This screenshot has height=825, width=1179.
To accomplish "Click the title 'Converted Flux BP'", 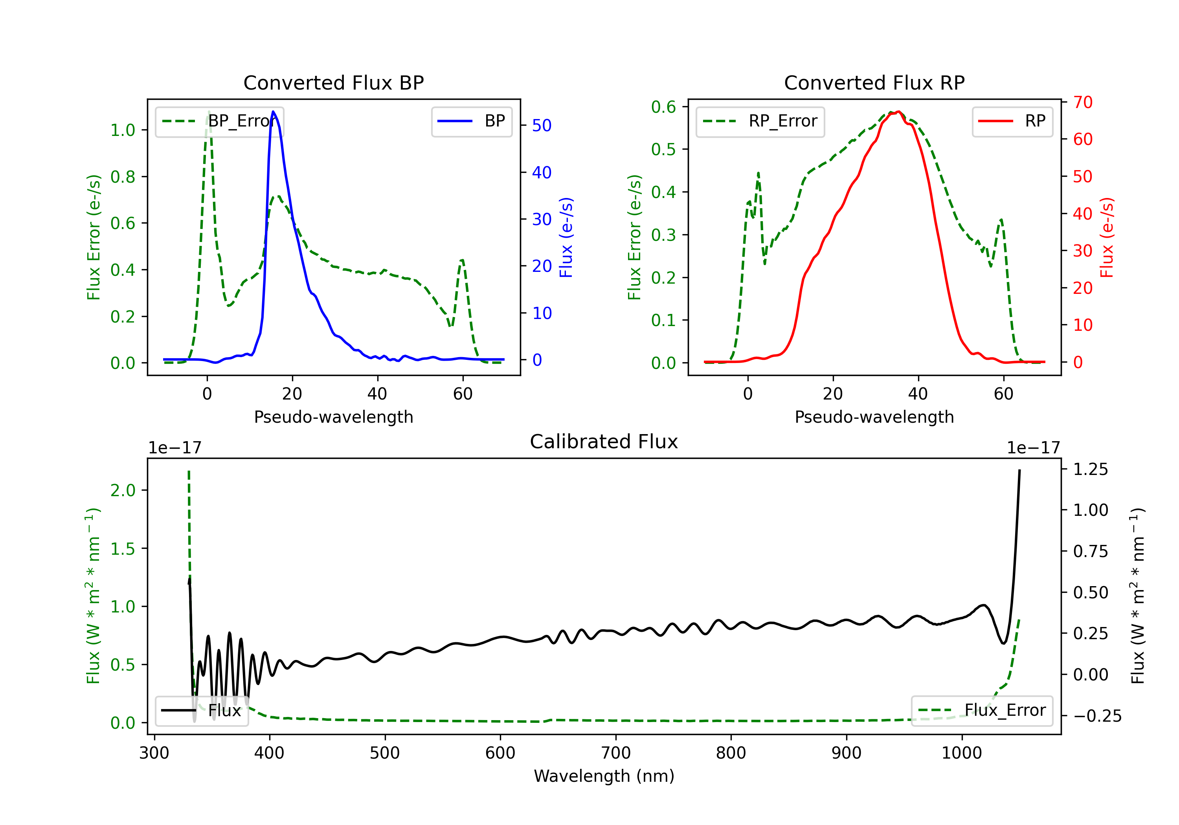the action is pyautogui.click(x=334, y=82).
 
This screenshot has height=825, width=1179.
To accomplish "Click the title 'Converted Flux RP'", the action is pyautogui.click(x=874, y=82).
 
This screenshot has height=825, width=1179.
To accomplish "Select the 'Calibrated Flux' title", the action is pyautogui.click(x=604, y=442).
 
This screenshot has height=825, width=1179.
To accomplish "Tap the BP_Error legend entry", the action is pyautogui.click(x=220, y=121).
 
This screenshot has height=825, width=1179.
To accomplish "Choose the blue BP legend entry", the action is pyautogui.click(x=472, y=121).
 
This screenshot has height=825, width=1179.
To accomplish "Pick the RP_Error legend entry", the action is pyautogui.click(x=760, y=121).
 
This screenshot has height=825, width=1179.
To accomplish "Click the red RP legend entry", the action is pyautogui.click(x=1012, y=121).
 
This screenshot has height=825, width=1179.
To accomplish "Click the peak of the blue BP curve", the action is pyautogui.click(x=273, y=112).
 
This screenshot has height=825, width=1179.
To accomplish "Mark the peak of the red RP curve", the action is pyautogui.click(x=898, y=112).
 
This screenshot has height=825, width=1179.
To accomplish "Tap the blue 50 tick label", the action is pyautogui.click(x=542, y=125).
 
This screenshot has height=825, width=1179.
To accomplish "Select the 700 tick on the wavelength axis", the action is pyautogui.click(x=616, y=753).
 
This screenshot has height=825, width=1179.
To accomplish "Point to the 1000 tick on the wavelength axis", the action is pyautogui.click(x=962, y=753).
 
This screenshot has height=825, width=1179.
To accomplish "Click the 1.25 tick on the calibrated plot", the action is pyautogui.click(x=1091, y=469).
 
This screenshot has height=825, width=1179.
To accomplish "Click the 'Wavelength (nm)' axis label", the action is pyautogui.click(x=604, y=776).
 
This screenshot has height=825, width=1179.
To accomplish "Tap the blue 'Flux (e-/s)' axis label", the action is pyautogui.click(x=566, y=238).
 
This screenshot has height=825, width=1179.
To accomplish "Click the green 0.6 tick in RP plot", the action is pyautogui.click(x=663, y=107).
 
